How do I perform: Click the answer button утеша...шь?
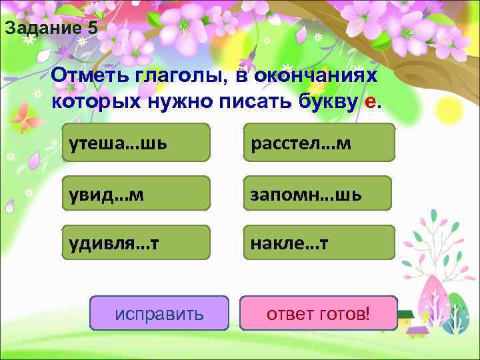(135, 143)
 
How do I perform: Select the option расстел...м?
(319, 143)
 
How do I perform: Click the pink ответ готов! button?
(318, 313)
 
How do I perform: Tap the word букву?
(323, 101)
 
